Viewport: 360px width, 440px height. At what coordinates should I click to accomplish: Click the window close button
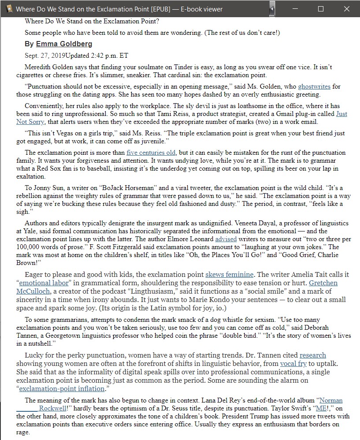coord(346,9)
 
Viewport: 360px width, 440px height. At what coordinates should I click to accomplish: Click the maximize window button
coord(321,9)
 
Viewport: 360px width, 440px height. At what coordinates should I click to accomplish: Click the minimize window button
coord(295,9)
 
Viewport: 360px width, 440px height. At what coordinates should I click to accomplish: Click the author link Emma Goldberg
coord(64,44)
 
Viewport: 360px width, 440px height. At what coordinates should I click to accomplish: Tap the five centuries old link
coord(151,153)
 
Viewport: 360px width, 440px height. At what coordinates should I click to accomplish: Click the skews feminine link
coord(229,274)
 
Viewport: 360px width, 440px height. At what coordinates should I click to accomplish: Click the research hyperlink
coord(313,355)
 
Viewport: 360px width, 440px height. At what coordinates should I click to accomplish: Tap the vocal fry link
coord(293,364)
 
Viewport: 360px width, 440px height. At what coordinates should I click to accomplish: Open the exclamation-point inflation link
coord(62,389)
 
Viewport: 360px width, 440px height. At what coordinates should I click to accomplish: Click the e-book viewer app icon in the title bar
coord(7,9)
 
